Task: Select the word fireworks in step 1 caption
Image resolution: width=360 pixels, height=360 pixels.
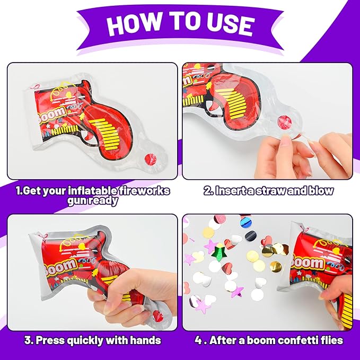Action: click(144, 191)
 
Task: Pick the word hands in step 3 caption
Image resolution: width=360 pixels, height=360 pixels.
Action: click(145, 340)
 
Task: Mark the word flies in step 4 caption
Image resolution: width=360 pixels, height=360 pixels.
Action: click(330, 340)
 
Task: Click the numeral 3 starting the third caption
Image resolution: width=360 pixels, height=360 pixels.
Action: click(28, 340)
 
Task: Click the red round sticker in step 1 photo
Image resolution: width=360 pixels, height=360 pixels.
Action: click(150, 159)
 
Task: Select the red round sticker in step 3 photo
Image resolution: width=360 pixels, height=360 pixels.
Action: click(158, 315)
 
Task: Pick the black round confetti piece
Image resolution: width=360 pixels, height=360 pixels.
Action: click(251, 235)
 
